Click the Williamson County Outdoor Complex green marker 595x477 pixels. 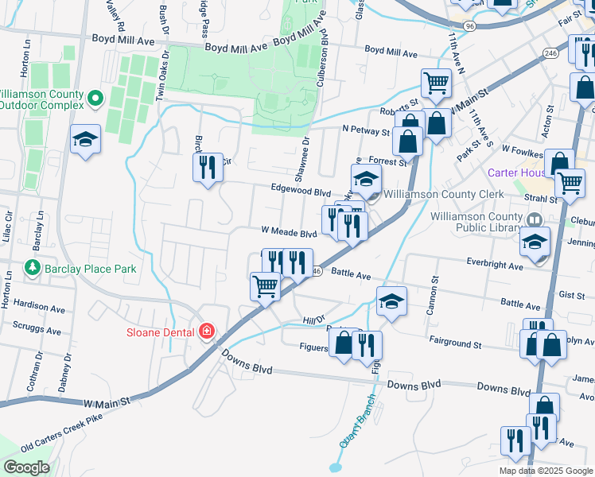coord(95,99)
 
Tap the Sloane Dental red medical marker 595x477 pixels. coord(207,331)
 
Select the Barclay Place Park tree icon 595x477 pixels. coord(33,268)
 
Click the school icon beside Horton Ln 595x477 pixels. coord(85,140)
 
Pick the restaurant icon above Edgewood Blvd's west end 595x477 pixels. coord(207,167)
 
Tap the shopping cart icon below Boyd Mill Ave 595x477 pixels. coord(436,82)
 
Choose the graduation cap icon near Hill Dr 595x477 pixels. coord(391,301)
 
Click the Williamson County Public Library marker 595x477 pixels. coord(535,218)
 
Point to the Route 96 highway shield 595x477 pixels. coord(471,26)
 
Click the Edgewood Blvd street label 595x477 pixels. coord(301,192)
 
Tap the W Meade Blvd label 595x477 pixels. coord(290,233)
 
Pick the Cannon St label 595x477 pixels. coord(434,294)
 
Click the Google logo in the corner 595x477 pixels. coord(26,467)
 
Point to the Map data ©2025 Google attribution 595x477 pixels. coord(545,471)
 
